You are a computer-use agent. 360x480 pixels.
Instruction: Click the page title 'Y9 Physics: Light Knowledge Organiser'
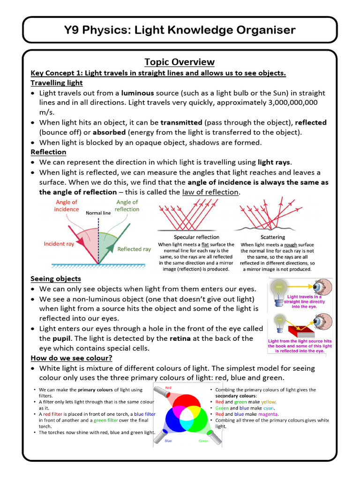180,30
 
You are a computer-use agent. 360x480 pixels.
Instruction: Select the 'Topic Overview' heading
180,62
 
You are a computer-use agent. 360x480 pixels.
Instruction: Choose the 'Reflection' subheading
48,152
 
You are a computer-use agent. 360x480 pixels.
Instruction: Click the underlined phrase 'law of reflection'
210,192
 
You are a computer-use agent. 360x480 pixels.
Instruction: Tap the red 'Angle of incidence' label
66,206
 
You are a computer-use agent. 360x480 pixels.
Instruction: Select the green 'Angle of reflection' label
127,206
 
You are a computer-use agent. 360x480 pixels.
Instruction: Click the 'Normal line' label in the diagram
98,213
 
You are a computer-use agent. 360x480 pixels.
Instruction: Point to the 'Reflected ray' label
134,249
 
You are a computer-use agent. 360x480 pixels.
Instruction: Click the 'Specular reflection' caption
196,237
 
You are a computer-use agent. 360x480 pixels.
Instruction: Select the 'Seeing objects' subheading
56,279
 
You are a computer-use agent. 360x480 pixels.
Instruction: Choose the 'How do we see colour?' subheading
71,358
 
